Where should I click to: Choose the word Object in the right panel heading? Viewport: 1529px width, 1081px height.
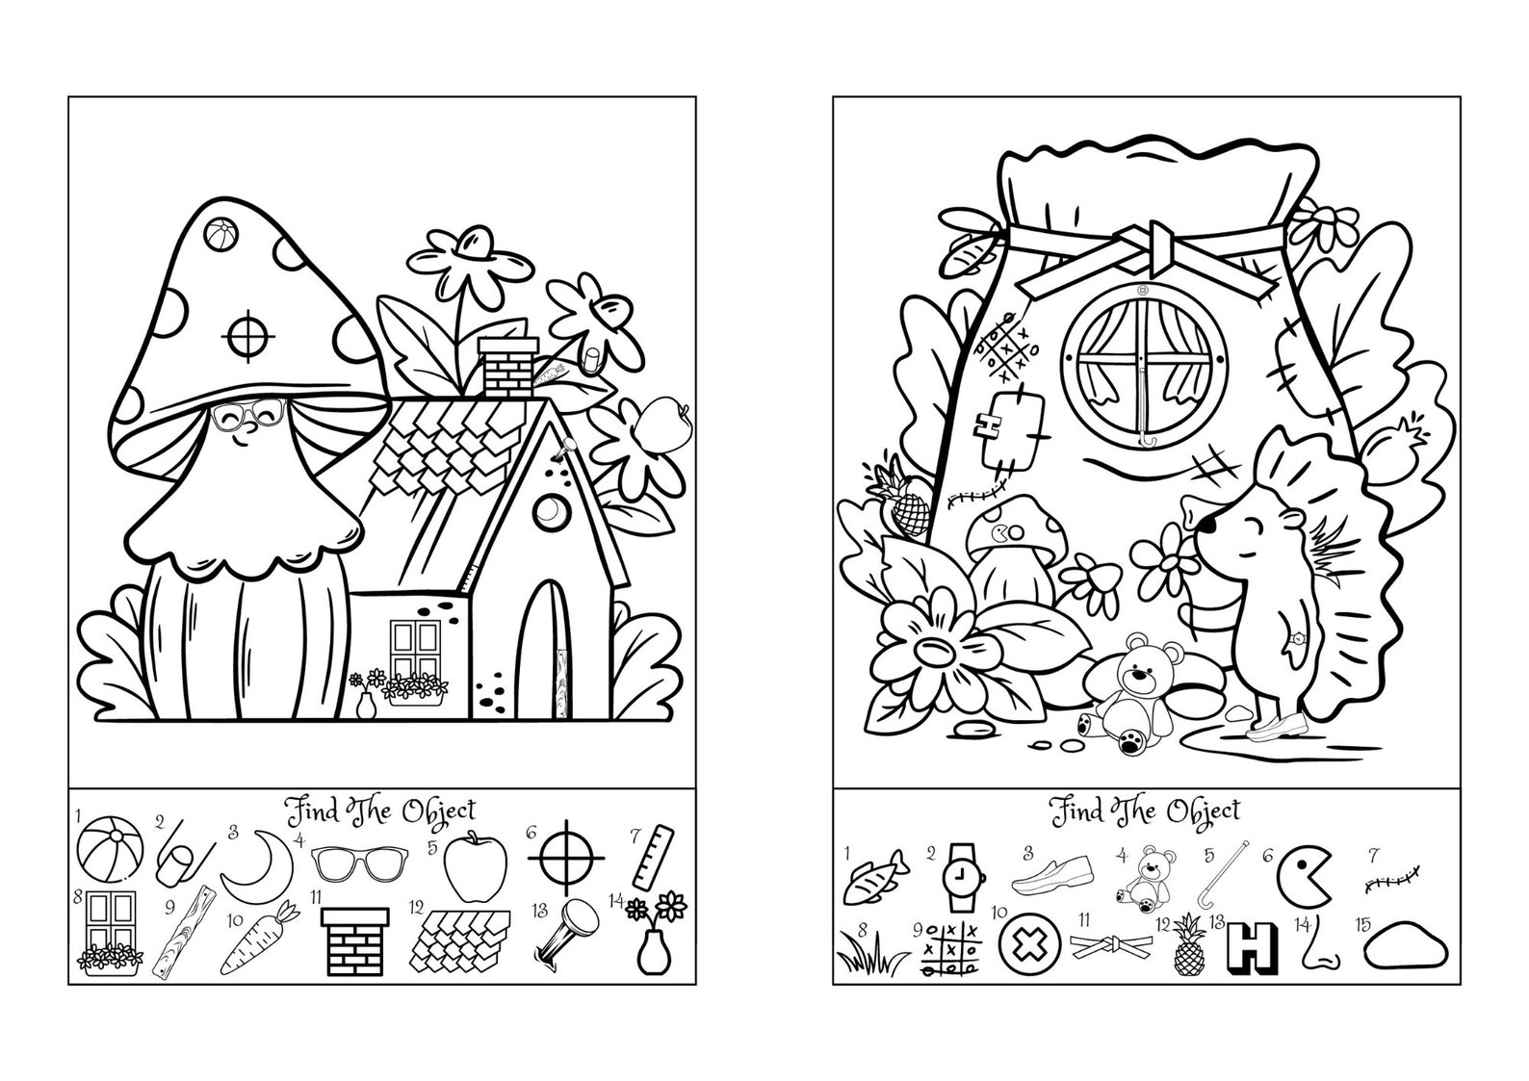1204,811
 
